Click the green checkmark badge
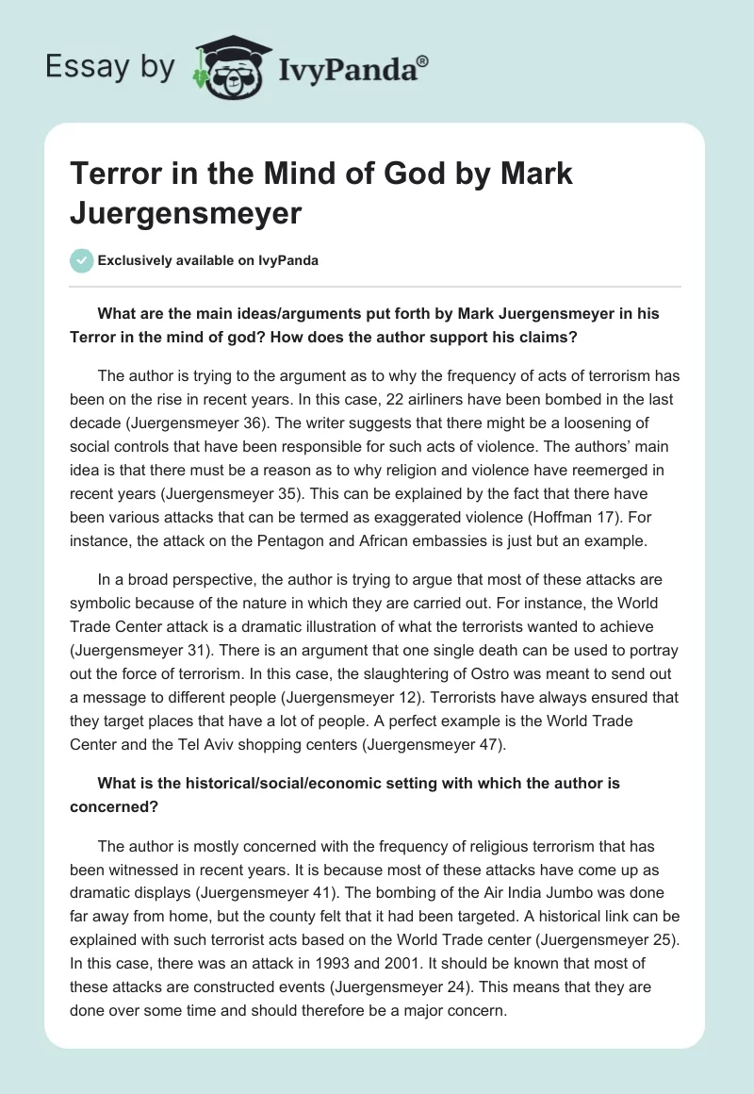82,260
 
